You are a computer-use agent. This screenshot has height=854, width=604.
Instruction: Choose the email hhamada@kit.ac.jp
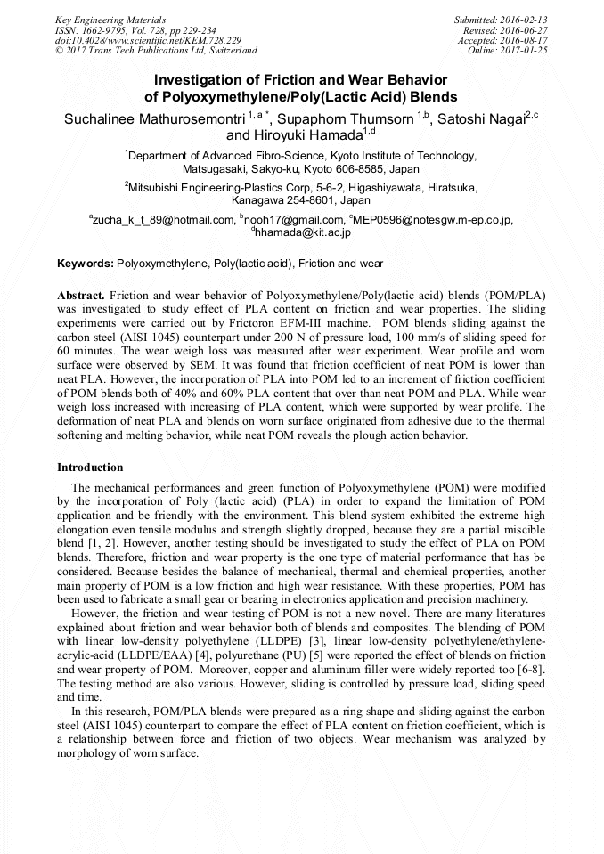coord(303,232)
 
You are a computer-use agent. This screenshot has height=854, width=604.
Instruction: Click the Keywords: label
coord(86,264)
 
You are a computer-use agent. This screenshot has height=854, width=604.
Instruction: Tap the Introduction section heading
coord(90,468)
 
